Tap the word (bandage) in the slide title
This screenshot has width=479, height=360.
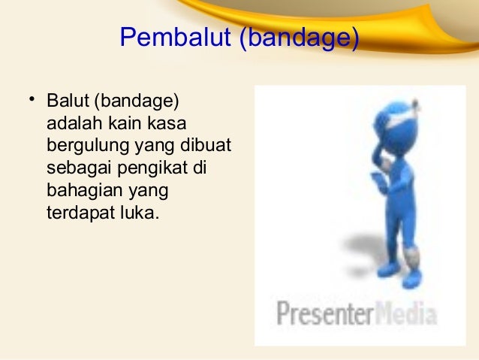click(298, 38)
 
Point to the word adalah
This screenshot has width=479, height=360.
click(71, 122)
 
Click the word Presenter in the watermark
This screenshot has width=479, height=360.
click(324, 313)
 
